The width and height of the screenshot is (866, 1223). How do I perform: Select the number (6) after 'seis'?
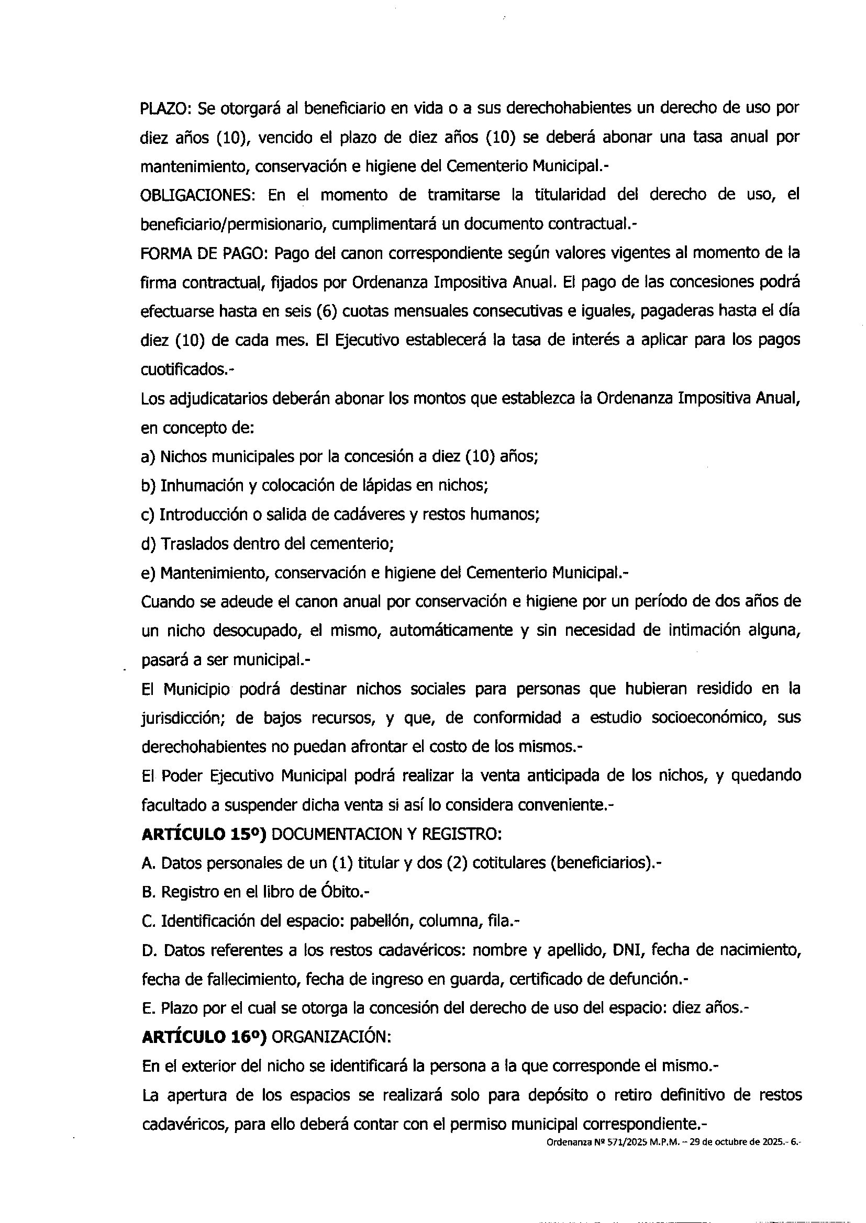pyautogui.click(x=326, y=311)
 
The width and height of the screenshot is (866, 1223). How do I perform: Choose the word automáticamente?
pyautogui.click(x=446, y=631)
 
